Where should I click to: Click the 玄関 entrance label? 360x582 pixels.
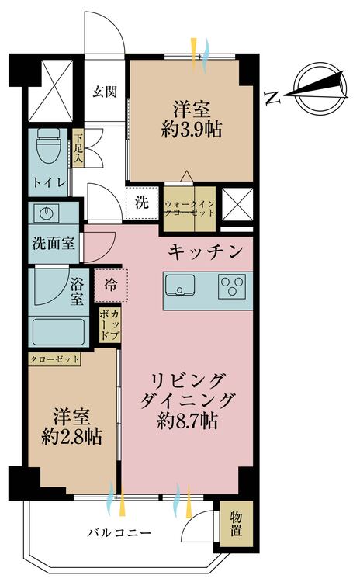(105, 92)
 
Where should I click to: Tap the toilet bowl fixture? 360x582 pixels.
(49, 145)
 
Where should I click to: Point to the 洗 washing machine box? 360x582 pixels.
(142, 203)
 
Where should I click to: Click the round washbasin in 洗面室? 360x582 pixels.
(43, 213)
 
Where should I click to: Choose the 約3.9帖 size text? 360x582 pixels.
(192, 130)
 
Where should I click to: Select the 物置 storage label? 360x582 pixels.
(234, 528)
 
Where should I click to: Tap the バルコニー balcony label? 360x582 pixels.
(118, 534)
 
